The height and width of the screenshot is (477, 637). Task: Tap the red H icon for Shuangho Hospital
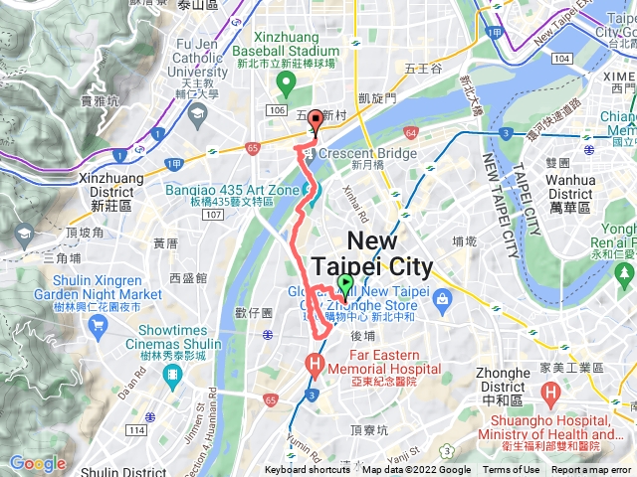tap(550, 395)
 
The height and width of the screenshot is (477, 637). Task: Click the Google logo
tap(37, 463)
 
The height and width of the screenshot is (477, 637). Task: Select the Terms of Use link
tap(512, 470)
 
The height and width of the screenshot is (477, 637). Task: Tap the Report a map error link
tap(592, 470)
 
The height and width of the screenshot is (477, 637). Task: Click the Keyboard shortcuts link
tap(308, 470)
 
